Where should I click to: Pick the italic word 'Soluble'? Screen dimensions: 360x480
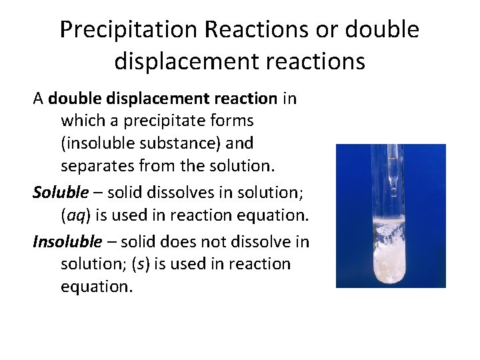61,193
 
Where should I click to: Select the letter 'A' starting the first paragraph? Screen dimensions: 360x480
39,99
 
